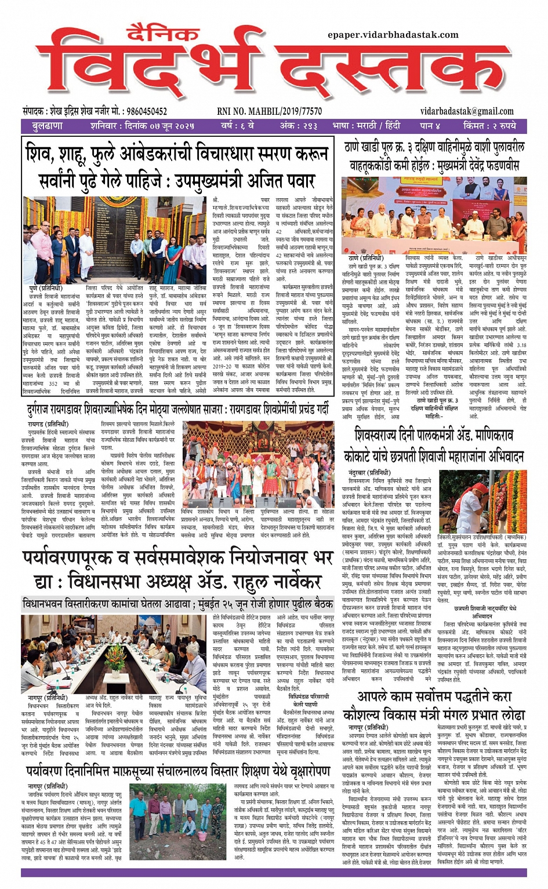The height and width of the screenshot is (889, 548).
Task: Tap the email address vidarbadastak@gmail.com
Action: [x=467, y=111]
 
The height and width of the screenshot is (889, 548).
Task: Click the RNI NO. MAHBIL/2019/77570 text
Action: [x=269, y=111]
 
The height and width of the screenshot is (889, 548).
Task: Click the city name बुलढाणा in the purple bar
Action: [x=48, y=126]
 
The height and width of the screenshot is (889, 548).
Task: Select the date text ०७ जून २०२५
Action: [x=168, y=126]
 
